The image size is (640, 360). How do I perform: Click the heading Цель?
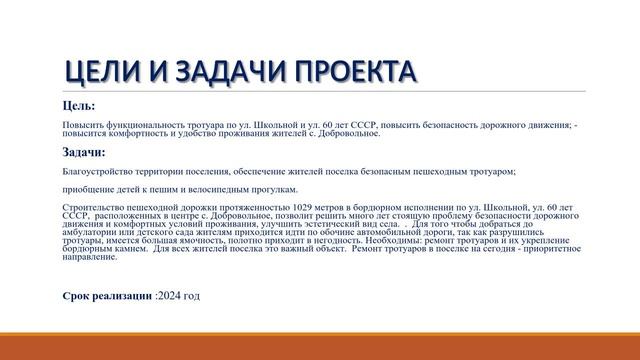(x=79, y=105)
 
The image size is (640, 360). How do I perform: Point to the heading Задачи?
(x=83, y=152)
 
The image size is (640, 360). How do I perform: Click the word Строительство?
(x=92, y=207)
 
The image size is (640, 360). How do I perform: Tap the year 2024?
(x=172, y=296)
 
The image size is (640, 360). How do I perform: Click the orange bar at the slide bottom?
(x=320, y=344)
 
